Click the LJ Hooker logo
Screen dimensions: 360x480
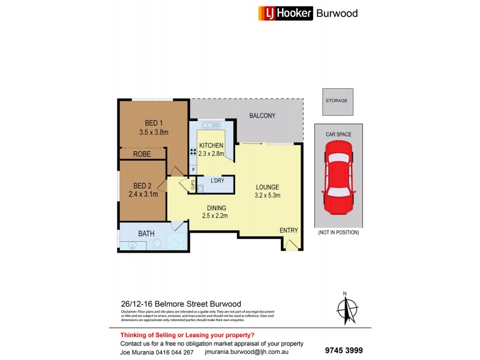click(x=286, y=13)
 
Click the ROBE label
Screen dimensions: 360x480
click(x=142, y=154)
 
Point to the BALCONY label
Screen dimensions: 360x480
click(x=262, y=116)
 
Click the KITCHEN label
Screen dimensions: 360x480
click(x=211, y=145)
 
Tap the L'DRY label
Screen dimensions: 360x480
click(x=218, y=181)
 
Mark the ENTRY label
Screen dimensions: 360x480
click(x=288, y=230)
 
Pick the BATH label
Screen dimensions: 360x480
click(x=146, y=233)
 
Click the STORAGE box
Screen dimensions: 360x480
click(x=337, y=101)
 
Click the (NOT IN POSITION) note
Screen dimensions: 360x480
click(x=338, y=232)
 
